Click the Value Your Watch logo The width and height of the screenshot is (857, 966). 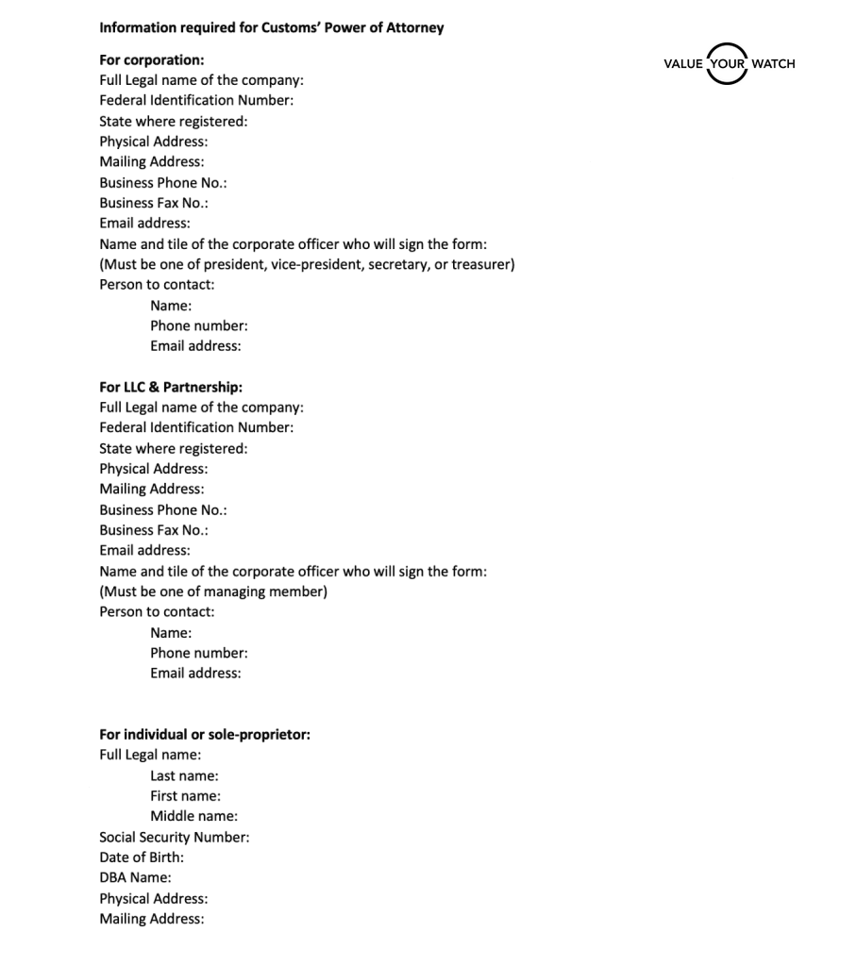[729, 63]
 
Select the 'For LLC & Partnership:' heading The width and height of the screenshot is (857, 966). [171, 387]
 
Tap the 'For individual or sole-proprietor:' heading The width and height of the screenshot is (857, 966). [205, 734]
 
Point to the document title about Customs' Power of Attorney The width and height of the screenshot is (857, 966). [271, 27]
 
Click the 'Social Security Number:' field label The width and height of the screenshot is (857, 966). [175, 837]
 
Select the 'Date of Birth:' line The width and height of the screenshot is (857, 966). [142, 858]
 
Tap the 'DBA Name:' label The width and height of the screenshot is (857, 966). [135, 877]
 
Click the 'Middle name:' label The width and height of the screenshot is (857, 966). [193, 816]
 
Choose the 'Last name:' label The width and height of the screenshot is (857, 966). [184, 775]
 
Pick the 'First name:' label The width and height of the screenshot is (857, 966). [185, 795]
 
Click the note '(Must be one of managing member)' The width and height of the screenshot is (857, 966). [213, 591]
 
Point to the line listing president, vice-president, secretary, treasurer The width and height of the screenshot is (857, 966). [307, 264]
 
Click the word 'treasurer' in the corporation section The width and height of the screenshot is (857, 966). [481, 264]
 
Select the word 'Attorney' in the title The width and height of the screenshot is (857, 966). [413, 27]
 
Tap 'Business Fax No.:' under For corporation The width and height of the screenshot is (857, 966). [154, 203]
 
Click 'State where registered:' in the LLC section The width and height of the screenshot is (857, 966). [174, 448]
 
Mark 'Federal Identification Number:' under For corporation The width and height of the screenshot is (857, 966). [196, 100]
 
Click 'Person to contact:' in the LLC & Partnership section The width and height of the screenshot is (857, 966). [157, 611]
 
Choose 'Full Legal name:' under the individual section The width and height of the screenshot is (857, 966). [150, 755]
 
